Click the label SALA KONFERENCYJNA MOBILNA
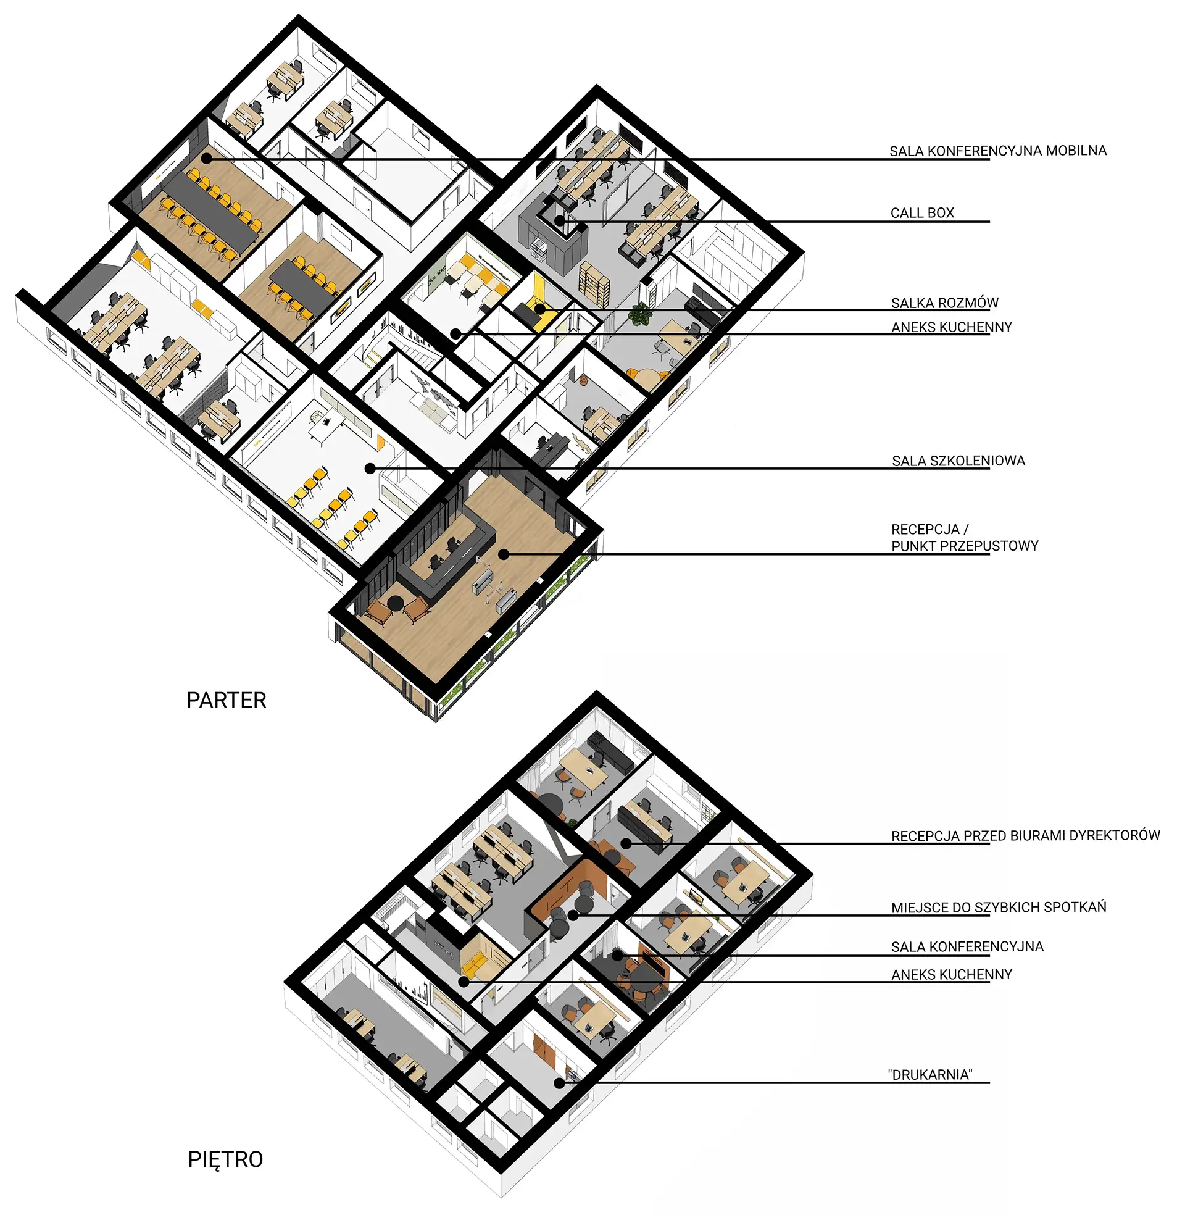[x=998, y=151]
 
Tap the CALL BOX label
[x=923, y=213]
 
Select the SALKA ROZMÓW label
[x=945, y=303]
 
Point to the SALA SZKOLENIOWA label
[x=958, y=461]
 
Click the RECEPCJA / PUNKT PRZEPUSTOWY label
[x=965, y=537]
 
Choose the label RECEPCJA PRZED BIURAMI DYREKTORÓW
[x=1026, y=835]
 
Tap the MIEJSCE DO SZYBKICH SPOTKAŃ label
[x=999, y=907]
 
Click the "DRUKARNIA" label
[x=930, y=1074]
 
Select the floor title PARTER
[x=227, y=700]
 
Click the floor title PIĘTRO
[x=225, y=1160]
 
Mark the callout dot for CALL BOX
[x=559, y=220]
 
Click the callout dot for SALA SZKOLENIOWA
[x=370, y=468]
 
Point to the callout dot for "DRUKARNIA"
[x=559, y=1083]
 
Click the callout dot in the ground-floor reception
[x=503, y=554]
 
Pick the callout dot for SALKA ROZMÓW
[x=540, y=309]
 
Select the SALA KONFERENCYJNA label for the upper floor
[x=967, y=946]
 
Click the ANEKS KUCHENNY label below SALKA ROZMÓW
[x=952, y=327]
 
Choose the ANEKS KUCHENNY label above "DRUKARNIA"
[x=952, y=975]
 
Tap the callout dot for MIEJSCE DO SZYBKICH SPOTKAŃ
[x=573, y=916]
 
